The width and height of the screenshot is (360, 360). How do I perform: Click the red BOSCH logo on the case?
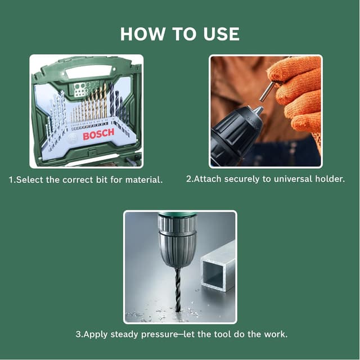[x=98, y=134]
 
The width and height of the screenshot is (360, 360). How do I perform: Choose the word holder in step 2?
[x=329, y=179]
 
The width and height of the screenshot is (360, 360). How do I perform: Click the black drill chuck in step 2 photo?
[x=236, y=135]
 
